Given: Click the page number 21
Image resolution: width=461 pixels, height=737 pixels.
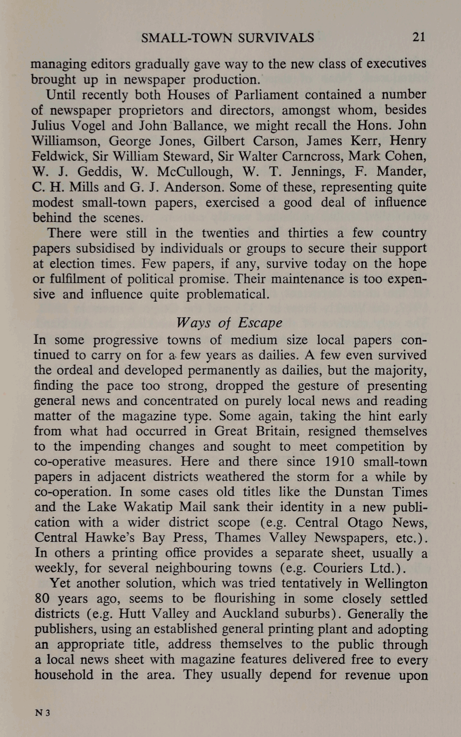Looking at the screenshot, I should point(418,37).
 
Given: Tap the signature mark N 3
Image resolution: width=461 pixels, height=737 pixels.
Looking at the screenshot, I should point(42,713).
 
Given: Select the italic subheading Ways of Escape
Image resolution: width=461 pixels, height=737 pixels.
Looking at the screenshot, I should point(230,323).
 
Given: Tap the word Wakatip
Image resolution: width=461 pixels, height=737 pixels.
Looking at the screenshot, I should point(150,507).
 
